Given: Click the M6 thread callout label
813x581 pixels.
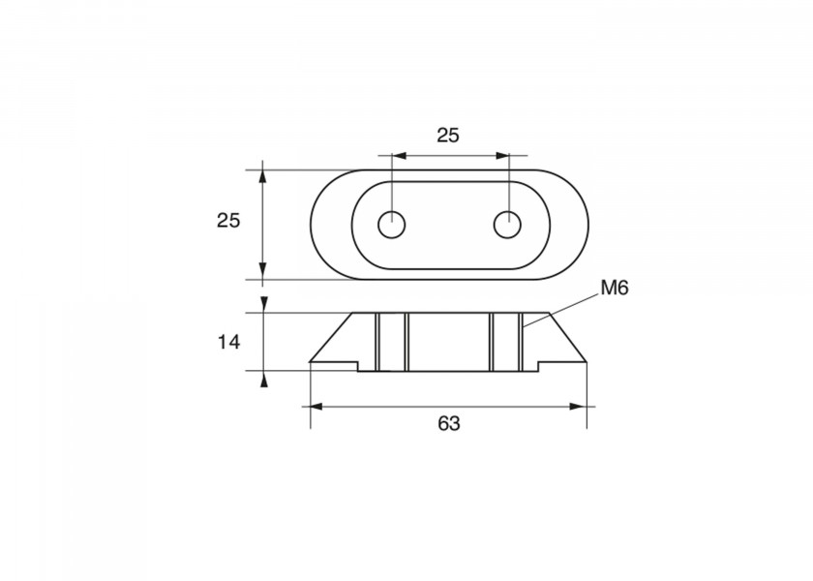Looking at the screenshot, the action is click(x=615, y=288).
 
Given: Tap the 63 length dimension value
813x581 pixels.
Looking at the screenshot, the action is click(x=449, y=424).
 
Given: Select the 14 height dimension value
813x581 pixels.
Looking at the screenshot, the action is click(x=228, y=343).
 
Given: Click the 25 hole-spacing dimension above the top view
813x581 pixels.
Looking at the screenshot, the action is click(x=448, y=136).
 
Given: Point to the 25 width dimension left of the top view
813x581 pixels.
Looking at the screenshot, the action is click(x=228, y=221).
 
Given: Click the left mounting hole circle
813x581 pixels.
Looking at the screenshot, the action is click(x=391, y=226).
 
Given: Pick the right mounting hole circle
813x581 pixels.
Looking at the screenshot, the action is click(x=507, y=225).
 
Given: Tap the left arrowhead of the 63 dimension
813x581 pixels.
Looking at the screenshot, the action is click(x=316, y=407).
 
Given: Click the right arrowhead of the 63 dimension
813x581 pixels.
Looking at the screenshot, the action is click(x=577, y=407).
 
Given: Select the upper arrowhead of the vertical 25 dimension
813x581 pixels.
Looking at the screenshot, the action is click(x=263, y=177).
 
